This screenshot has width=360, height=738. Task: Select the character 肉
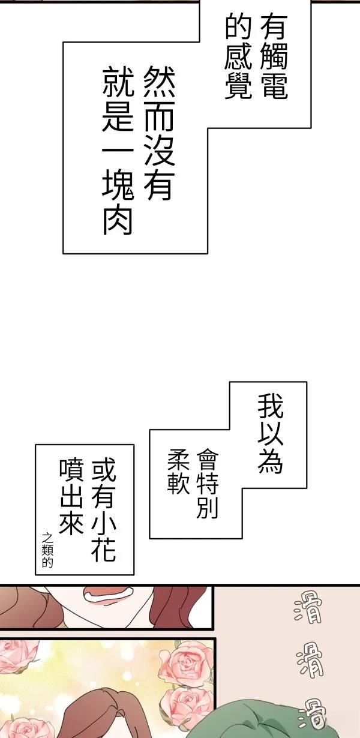(x=118, y=221)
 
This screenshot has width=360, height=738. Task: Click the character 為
(x=271, y=461)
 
